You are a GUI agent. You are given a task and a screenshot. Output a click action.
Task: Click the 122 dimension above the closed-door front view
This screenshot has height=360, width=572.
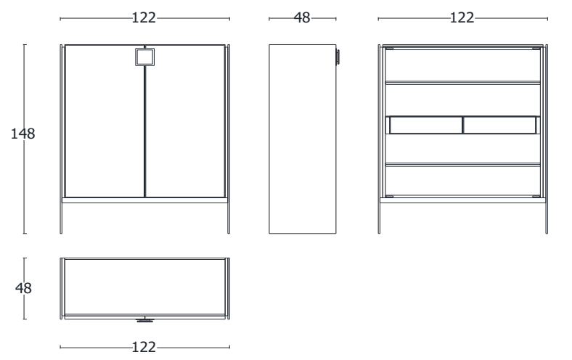tap(144, 19)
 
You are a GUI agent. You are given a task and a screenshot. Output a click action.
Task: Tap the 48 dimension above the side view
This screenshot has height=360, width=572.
tap(301, 19)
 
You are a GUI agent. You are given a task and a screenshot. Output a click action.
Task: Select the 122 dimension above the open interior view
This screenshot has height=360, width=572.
tap(462, 19)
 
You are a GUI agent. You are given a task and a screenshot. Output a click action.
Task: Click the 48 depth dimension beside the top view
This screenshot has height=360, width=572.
tap(24, 287)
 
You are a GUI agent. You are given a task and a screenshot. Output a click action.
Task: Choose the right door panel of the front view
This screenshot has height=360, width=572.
tap(187, 123)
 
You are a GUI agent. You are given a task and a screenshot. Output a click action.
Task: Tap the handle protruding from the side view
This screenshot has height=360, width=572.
tap(338, 57)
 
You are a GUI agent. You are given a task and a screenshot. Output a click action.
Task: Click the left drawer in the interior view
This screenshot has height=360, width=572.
tap(425, 126)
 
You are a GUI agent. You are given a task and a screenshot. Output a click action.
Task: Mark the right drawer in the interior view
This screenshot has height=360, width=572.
tap(499, 126)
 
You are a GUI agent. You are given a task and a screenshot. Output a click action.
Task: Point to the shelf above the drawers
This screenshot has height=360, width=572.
tap(462, 83)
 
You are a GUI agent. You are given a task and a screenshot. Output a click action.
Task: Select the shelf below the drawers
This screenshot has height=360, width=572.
tap(462, 165)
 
